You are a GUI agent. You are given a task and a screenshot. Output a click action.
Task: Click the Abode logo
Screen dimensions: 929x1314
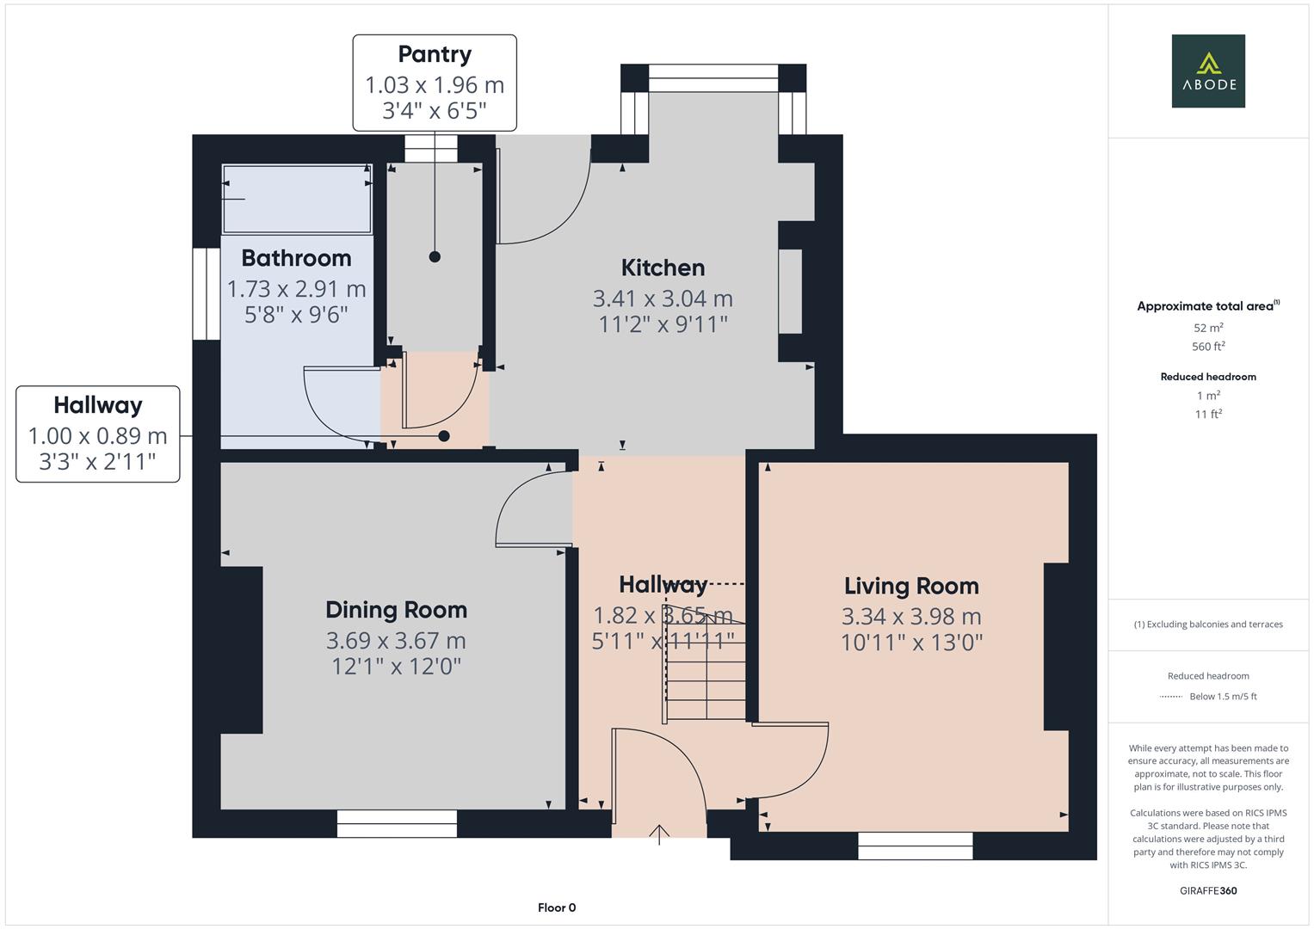[x=1207, y=71]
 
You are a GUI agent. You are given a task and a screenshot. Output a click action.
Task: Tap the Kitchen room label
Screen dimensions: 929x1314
[x=663, y=268]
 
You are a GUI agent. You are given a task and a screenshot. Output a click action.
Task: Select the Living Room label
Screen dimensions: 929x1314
[x=911, y=586]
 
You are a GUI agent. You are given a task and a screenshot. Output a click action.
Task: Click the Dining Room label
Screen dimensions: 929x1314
[x=396, y=610]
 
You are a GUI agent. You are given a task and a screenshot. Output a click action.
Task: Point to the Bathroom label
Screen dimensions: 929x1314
[x=296, y=258]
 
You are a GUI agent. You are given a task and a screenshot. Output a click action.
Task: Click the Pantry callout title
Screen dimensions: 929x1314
[x=435, y=54]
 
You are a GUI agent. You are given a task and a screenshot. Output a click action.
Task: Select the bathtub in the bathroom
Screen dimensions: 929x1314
[x=297, y=199]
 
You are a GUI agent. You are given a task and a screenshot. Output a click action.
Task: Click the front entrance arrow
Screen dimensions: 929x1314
[x=659, y=834]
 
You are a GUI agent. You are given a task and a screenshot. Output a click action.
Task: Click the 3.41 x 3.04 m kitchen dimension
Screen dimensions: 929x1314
[x=663, y=298]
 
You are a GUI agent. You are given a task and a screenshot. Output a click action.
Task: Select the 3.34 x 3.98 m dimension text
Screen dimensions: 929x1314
[x=911, y=617]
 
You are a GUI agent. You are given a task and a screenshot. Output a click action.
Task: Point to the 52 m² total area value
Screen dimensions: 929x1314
[x=1208, y=328]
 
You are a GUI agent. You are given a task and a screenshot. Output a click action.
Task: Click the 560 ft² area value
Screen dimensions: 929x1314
[x=1208, y=347]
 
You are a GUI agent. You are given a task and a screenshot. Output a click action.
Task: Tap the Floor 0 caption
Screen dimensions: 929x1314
[x=557, y=907]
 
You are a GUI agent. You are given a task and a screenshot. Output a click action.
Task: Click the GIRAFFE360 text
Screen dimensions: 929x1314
[x=1208, y=890]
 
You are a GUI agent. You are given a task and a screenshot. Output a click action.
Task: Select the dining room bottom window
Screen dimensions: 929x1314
[x=397, y=824]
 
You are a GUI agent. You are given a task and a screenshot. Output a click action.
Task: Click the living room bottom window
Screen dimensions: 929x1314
[x=915, y=846]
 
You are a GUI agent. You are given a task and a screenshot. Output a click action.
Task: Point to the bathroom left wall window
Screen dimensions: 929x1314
[x=206, y=294]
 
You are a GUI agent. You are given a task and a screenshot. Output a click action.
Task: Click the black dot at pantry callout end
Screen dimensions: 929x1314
[x=435, y=256]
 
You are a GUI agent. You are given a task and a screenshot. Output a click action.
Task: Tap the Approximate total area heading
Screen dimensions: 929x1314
[x=1208, y=306]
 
